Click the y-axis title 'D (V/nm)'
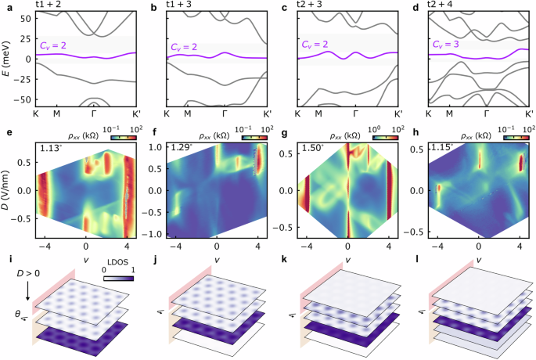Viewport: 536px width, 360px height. (6, 190)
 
